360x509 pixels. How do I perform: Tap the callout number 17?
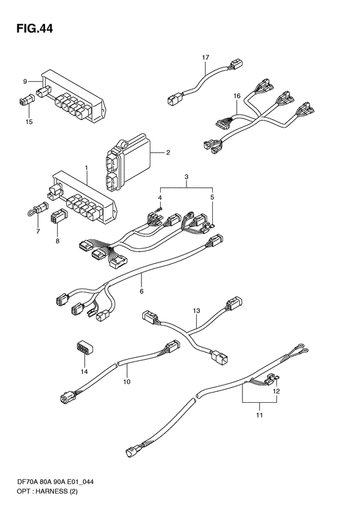point(206,58)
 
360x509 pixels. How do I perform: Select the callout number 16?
point(237,96)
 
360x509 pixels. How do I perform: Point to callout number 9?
point(25,82)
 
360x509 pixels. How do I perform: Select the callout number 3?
point(186,176)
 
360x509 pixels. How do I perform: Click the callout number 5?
point(212,197)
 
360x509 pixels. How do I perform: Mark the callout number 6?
point(141,291)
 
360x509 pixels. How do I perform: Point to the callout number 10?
point(127,382)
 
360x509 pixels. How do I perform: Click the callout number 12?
point(276,391)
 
